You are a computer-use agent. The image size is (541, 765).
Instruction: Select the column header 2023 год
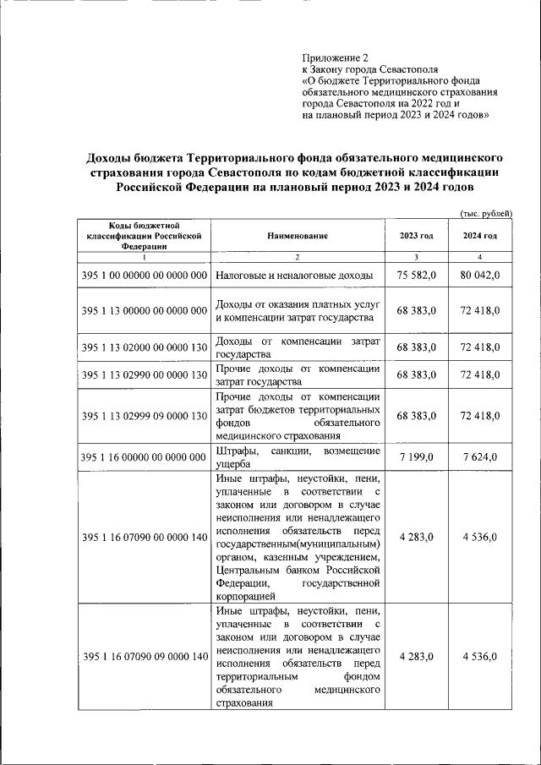coord(416,236)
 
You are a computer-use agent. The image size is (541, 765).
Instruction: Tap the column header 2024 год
coord(479,236)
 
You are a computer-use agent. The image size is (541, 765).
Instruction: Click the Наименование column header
coord(298,236)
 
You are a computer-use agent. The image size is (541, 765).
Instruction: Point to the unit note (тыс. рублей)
coord(486,214)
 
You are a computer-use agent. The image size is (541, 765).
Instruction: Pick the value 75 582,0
coord(416,276)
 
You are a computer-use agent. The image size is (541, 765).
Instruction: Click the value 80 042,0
coord(480,276)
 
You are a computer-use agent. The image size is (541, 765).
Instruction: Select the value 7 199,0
coord(416,456)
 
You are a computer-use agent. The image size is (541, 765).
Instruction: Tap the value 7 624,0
coord(480,456)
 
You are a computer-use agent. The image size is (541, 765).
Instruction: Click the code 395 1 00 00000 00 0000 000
coord(145,276)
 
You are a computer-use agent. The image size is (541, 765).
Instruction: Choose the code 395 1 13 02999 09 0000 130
coord(145,416)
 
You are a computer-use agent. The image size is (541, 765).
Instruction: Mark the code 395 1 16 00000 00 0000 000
coord(145,457)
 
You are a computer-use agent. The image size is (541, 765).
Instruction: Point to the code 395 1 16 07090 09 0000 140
coord(145,657)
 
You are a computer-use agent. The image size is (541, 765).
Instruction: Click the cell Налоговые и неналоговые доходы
coord(293,276)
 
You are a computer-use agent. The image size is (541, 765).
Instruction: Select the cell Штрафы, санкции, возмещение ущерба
coord(298,456)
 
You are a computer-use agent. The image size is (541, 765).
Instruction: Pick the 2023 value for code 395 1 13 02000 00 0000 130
coord(416,347)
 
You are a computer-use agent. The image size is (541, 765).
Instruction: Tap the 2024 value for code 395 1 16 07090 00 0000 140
coord(480,537)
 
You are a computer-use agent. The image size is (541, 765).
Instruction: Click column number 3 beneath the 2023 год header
coord(416,256)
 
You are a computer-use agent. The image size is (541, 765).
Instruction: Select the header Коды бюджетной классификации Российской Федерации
coord(145,236)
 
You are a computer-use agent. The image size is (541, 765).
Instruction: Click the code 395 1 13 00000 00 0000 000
coord(145,311)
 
